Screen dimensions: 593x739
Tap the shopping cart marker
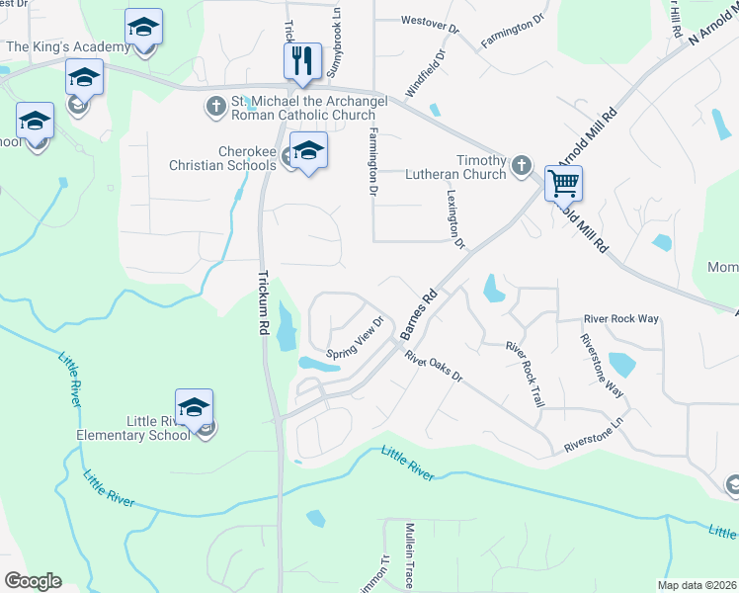(562, 182)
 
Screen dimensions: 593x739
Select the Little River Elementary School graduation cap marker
(195, 406)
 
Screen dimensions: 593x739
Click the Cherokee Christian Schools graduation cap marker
(308, 150)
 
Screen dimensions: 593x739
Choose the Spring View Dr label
(355, 339)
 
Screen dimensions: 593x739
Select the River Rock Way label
(620, 318)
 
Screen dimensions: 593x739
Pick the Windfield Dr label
(440, 72)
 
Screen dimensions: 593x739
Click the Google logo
(33, 581)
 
